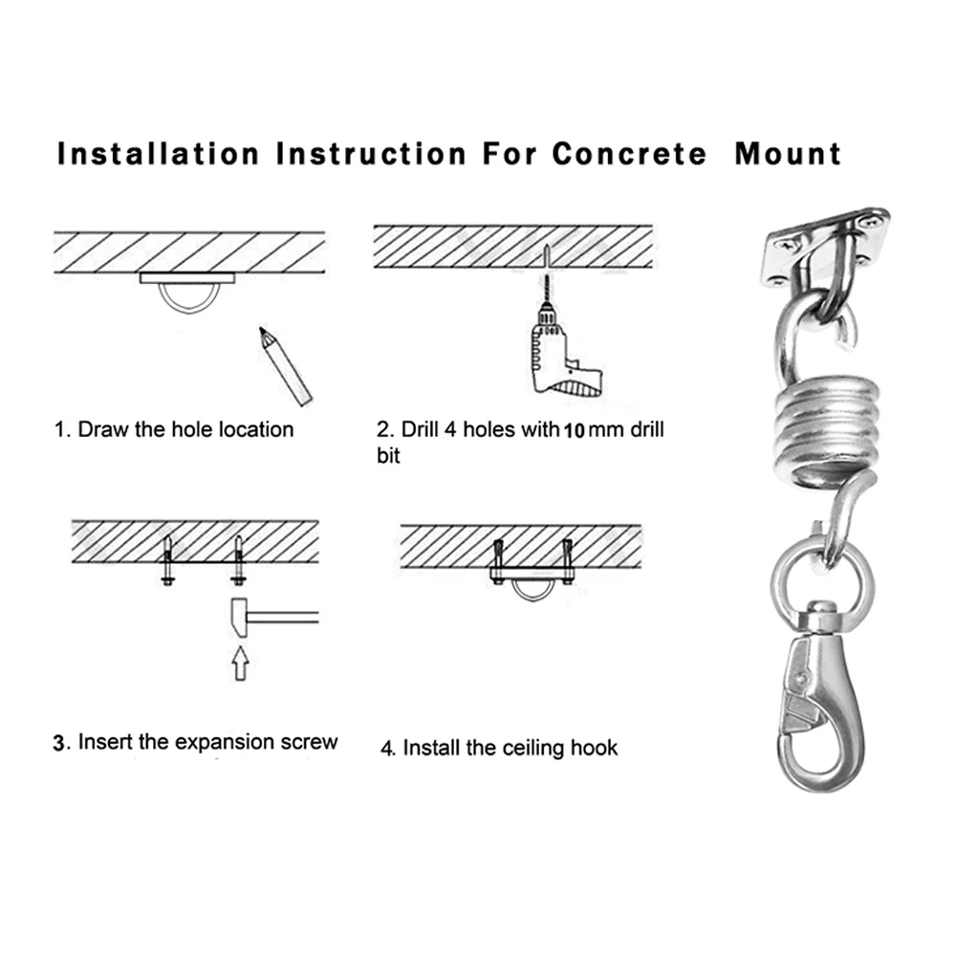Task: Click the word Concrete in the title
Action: [629, 153]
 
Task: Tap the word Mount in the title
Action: [788, 153]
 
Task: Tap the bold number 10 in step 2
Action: [574, 430]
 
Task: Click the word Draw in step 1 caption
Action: [101, 428]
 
